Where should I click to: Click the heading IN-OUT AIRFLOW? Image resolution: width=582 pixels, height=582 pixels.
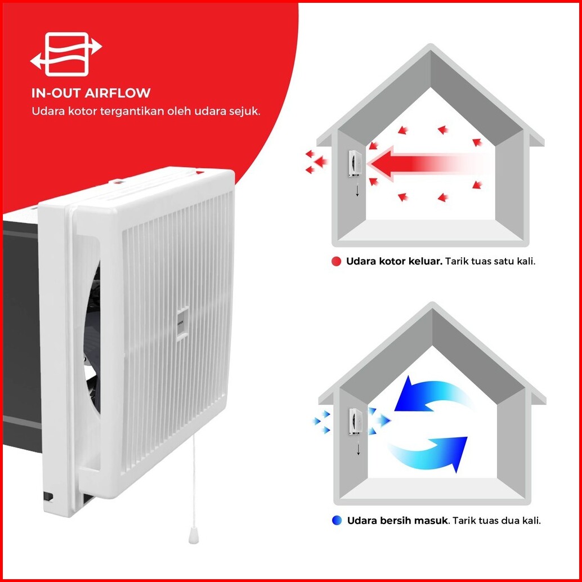coord(91,93)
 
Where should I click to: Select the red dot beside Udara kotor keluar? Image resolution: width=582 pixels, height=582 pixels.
coord(337,262)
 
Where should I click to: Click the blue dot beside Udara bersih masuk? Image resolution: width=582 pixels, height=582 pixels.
coord(337,521)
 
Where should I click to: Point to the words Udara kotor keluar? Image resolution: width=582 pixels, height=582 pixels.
coord(394,262)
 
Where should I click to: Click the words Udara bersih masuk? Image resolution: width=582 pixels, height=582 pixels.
coord(397,521)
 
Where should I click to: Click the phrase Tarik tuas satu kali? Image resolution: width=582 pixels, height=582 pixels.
coord(490,262)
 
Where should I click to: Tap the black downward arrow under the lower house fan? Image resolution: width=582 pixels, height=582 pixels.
coord(357,449)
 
